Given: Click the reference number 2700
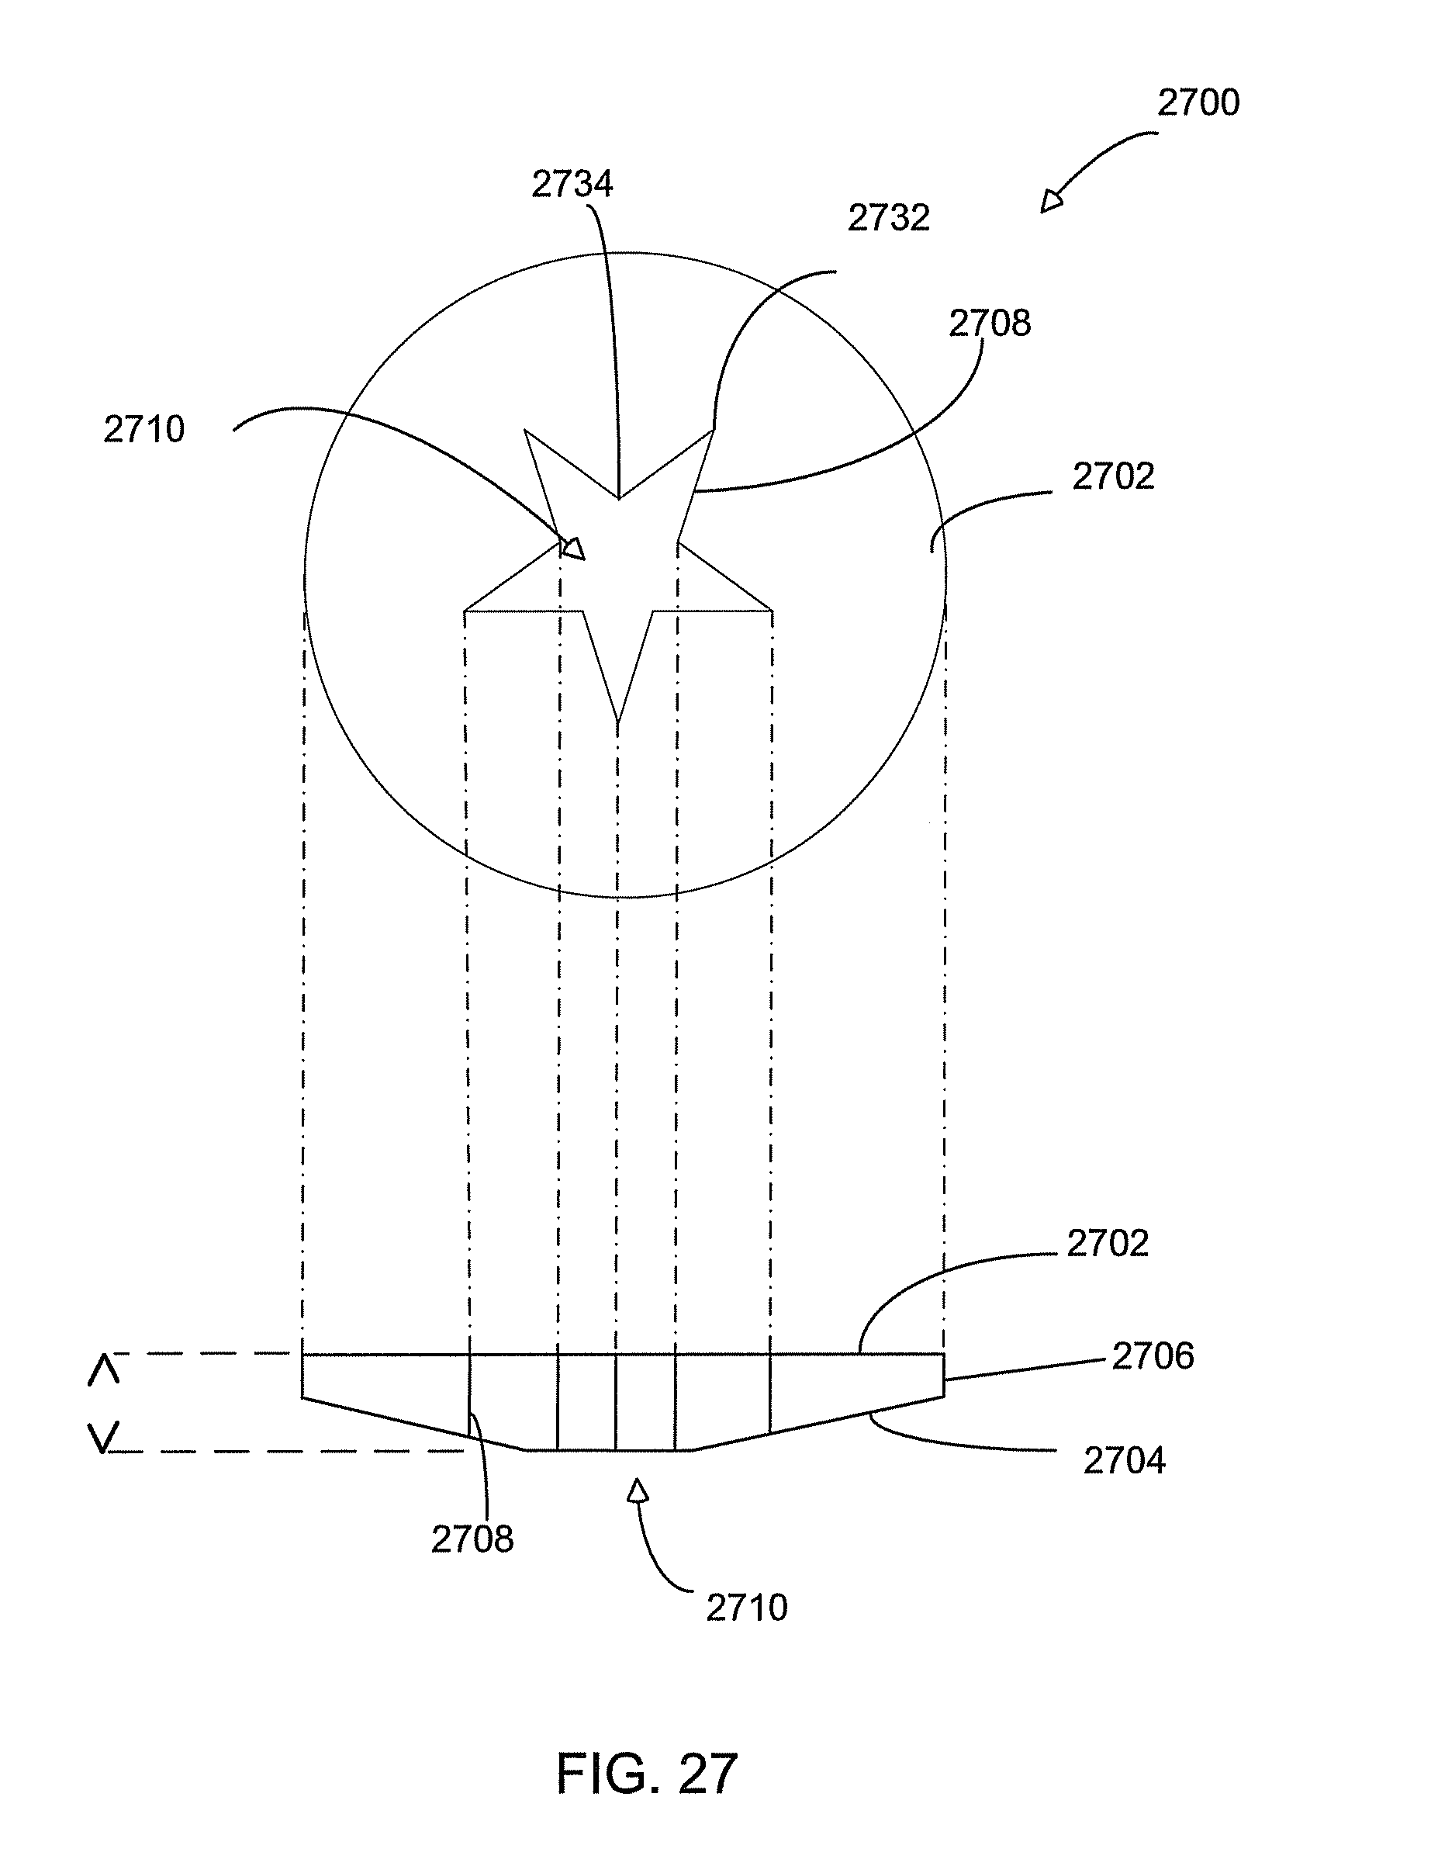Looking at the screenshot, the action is pyautogui.click(x=1198, y=103).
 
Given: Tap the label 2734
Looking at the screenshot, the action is pyautogui.click(x=572, y=185).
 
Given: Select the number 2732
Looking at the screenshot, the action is pyautogui.click(x=888, y=219).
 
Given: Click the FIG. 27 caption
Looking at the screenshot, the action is pyautogui.click(x=647, y=1774).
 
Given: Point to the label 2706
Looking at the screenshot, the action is pyautogui.click(x=1153, y=1356).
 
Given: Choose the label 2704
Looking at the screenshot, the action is pyautogui.click(x=1125, y=1460).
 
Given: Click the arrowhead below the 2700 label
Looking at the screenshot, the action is pyautogui.click(x=1052, y=202).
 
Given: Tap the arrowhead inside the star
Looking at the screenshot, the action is pyautogui.click(x=574, y=548).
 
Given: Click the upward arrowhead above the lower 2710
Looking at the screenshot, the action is pyautogui.click(x=638, y=1490).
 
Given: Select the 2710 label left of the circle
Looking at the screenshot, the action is pyautogui.click(x=144, y=429).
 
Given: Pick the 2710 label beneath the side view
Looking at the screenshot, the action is pyautogui.click(x=747, y=1608).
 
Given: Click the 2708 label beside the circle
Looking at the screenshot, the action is pyautogui.click(x=990, y=324).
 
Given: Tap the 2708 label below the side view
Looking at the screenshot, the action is pyautogui.click(x=473, y=1539).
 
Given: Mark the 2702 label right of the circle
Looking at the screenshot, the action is pyautogui.click(x=1113, y=477).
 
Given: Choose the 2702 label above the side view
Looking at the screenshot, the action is pyautogui.click(x=1108, y=1244).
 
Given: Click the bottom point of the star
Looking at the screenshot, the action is pyautogui.click(x=618, y=721).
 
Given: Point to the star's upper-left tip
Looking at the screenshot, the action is pyautogui.click(x=526, y=431).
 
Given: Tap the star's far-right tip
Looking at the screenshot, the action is pyautogui.click(x=771, y=610).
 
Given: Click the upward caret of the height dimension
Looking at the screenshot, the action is pyautogui.click(x=104, y=1371).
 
